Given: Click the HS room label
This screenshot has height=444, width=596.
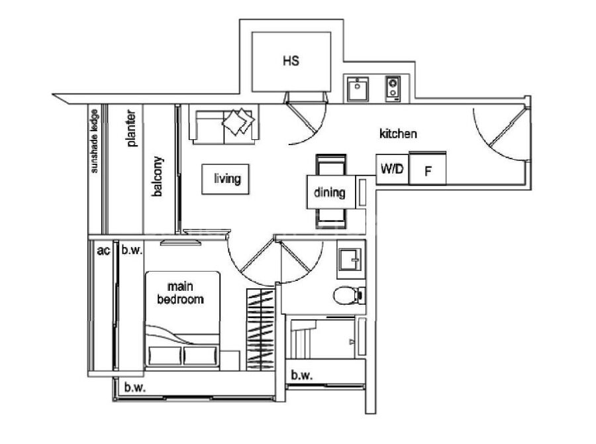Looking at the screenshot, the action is coord(291,60).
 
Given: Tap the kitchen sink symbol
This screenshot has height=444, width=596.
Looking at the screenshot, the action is coord(358,89).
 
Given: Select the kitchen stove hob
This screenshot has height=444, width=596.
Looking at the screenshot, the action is coord(393,89).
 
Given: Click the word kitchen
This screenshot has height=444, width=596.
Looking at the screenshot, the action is coord(398,134).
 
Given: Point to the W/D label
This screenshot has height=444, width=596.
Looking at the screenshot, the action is coord(392,168).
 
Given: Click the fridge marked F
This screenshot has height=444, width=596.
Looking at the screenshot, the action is coord(427,168).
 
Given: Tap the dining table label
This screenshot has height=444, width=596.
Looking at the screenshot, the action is coord(330,192).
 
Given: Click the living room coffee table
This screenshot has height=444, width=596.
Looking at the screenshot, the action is coord(225,179).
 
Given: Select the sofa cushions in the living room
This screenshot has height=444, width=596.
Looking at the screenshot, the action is coord(238,121).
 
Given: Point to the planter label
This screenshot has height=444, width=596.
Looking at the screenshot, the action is coord(131,128).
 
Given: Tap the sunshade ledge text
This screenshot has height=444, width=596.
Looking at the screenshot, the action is coord(94,141).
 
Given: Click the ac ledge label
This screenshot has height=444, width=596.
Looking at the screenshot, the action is coord(103,250).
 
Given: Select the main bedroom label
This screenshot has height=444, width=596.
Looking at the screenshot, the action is coord(180,292).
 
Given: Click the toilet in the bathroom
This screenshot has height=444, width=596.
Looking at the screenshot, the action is coord(349,296).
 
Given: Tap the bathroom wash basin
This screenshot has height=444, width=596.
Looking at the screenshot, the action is coord(350,260).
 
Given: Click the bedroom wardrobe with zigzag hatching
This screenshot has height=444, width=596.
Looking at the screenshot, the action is coord(260,329).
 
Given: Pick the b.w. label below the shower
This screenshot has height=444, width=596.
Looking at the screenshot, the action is coord(302,376).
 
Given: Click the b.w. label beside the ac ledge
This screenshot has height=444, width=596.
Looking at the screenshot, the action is coord(132,250).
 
